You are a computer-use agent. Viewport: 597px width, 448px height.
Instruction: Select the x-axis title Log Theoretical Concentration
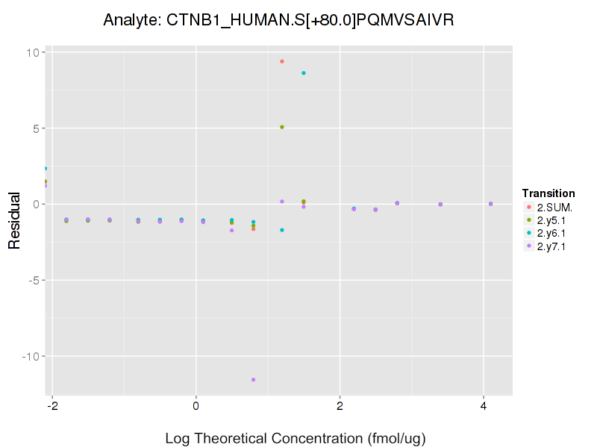(296, 438)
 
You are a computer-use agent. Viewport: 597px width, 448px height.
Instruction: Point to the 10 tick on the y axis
(35, 52)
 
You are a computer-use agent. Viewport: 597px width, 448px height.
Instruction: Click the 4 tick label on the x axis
(484, 407)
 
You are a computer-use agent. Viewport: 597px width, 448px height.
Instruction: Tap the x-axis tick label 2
(340, 407)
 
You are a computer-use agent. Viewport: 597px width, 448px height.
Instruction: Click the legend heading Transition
(548, 193)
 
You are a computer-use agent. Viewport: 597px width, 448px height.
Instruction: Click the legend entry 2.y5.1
(551, 220)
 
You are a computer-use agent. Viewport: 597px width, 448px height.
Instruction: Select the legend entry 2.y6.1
(551, 234)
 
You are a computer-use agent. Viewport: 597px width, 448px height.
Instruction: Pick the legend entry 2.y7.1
(551, 247)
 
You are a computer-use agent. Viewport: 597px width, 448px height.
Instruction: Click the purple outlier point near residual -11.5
(254, 379)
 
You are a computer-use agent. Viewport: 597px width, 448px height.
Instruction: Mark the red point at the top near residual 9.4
(282, 61)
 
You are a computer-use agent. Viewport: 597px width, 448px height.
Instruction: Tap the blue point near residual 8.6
(304, 73)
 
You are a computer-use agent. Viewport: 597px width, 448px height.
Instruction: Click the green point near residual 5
(282, 127)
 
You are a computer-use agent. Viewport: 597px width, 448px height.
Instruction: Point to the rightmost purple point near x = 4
(490, 204)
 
